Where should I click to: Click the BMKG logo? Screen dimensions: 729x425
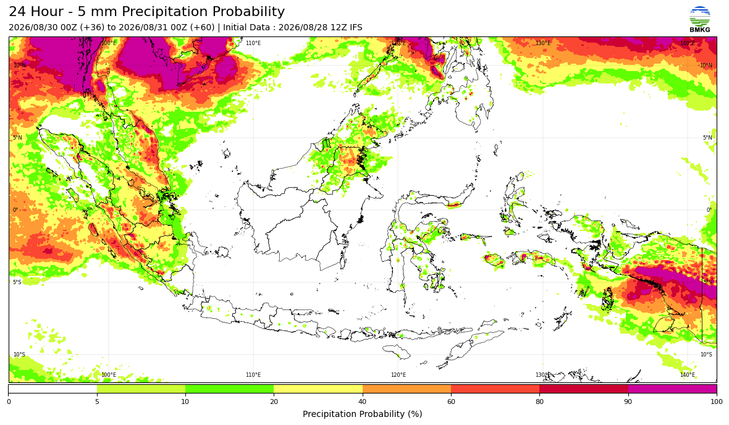[x=700, y=20]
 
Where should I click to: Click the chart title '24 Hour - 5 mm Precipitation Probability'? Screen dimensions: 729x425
[x=147, y=12]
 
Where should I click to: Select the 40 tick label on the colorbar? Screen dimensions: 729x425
[x=362, y=402]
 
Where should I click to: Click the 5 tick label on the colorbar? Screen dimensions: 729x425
[x=97, y=402]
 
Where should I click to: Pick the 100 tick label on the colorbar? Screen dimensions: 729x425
[x=717, y=402]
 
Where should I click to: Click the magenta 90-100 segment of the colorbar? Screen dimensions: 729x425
[x=672, y=389]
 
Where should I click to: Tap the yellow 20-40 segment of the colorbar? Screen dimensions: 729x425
[x=318, y=389]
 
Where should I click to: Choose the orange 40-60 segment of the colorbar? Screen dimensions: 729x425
[x=407, y=389]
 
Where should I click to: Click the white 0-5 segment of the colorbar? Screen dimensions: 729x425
[x=53, y=389]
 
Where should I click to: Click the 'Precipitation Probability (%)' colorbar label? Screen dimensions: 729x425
[x=362, y=414]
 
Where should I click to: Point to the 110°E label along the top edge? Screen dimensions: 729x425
[x=253, y=43]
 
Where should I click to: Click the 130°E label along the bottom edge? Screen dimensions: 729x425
[x=542, y=375]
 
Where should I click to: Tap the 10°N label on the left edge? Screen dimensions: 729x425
[x=20, y=65]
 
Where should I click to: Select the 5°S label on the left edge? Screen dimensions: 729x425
[x=17, y=282]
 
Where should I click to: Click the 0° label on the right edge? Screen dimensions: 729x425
[x=709, y=209]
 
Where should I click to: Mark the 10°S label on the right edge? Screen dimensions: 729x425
[x=706, y=355]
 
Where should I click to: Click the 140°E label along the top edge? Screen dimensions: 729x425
[x=688, y=43]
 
